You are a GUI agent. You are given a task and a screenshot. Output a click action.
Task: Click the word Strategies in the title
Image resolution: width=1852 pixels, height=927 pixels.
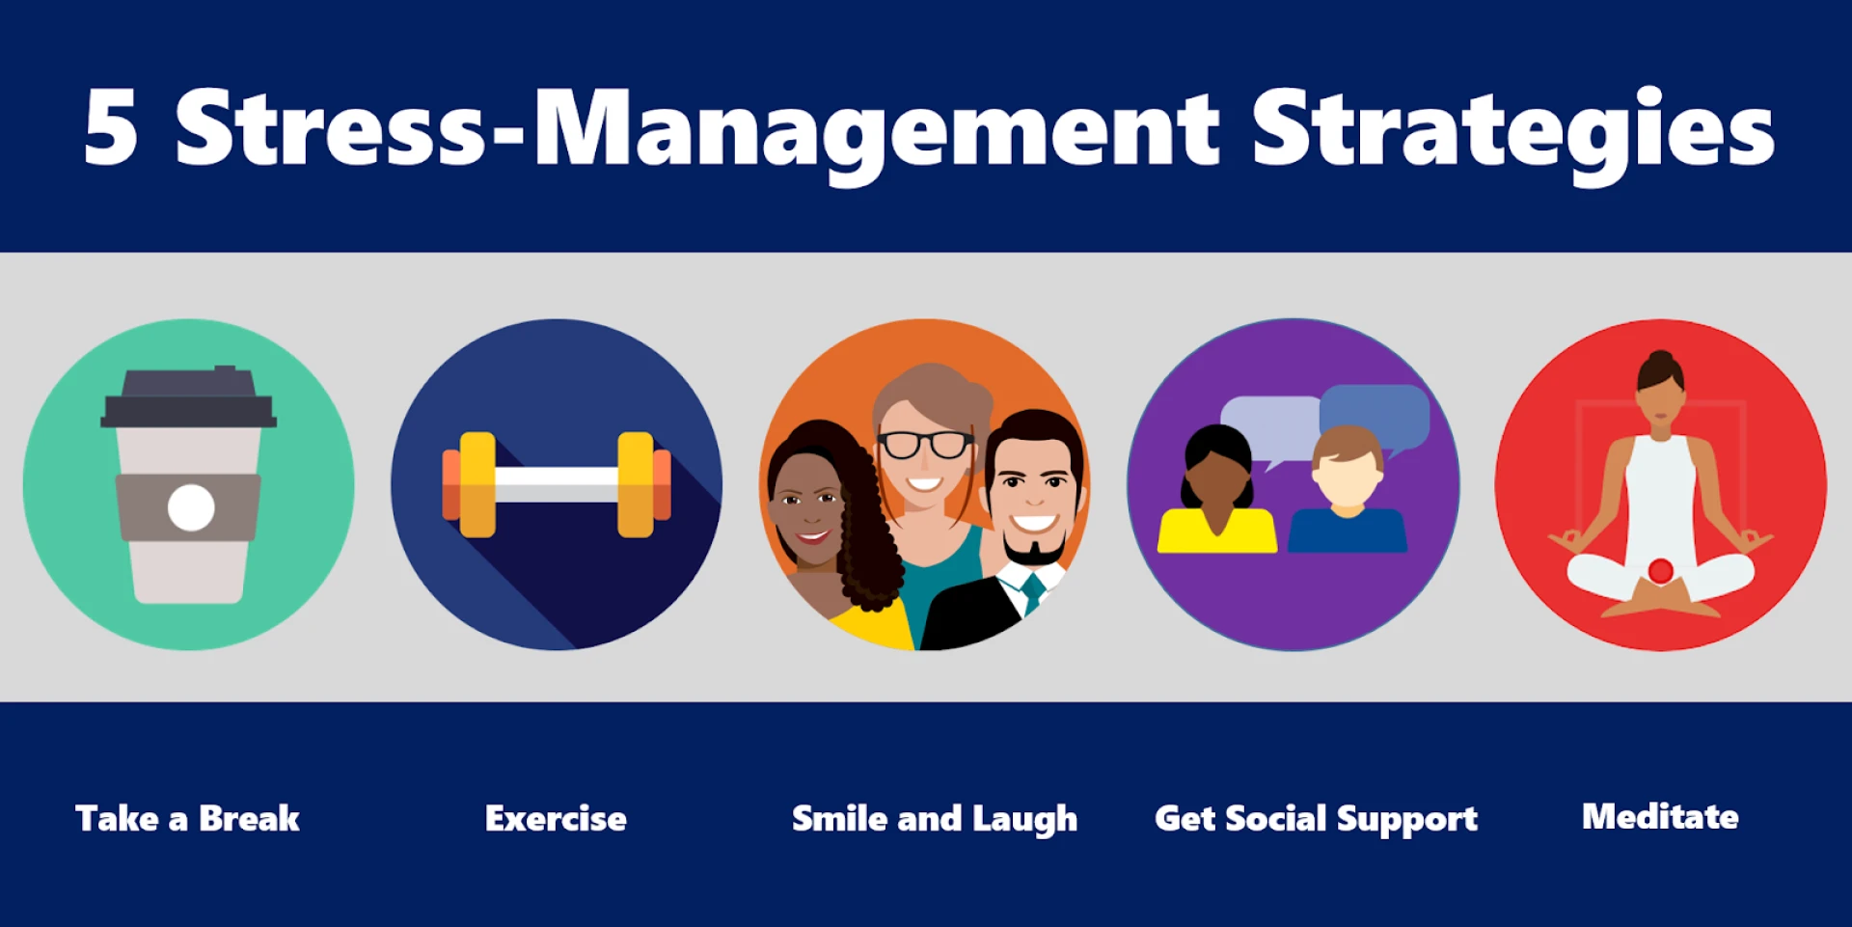[x=1513, y=135]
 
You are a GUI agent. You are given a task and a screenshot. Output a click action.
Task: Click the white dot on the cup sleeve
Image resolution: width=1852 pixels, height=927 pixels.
[x=191, y=507]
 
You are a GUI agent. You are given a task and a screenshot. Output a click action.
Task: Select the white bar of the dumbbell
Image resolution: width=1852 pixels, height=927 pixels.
[x=557, y=483]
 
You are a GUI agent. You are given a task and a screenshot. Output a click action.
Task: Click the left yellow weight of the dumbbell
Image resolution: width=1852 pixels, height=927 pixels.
[x=477, y=484]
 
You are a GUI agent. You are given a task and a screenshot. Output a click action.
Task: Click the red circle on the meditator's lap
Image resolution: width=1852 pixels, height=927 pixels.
[x=1660, y=571]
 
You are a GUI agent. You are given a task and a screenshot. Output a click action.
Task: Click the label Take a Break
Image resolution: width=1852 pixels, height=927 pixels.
[x=188, y=818]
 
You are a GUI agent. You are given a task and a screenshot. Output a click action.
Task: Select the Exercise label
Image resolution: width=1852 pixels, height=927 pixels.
[x=556, y=818]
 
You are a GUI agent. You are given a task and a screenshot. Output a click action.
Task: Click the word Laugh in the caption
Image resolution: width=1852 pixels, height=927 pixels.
[x=1024, y=820]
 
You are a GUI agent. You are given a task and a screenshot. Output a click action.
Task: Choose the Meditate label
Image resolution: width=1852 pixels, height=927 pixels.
[x=1660, y=816]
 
